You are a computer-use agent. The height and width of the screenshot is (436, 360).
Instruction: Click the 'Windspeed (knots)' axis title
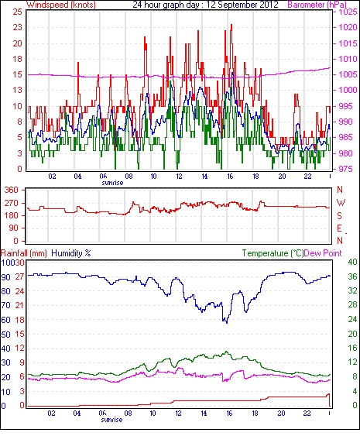(61, 5)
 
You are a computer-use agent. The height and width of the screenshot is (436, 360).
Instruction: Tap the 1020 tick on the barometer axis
(348, 28)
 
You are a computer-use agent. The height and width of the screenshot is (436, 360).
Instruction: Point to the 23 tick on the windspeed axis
(17, 28)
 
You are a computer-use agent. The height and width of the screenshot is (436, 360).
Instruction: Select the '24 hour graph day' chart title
(166, 5)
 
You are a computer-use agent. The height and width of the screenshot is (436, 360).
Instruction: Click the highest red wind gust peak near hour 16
(231, 25)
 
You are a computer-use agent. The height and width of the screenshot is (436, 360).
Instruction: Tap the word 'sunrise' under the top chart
(112, 183)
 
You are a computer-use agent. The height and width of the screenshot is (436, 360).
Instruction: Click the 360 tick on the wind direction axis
(11, 191)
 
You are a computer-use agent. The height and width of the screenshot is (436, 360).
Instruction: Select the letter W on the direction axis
(341, 203)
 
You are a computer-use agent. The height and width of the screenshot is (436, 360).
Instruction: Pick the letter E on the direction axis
(339, 228)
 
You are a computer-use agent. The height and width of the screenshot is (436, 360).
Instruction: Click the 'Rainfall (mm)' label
(24, 253)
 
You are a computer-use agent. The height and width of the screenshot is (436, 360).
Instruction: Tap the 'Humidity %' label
(71, 253)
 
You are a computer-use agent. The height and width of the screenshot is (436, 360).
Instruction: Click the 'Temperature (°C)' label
(273, 253)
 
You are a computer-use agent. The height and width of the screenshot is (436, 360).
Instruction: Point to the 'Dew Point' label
(323, 253)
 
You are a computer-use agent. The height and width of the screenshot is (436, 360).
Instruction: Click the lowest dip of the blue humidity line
(227, 323)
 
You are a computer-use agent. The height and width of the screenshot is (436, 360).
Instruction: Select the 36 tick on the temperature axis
(353, 276)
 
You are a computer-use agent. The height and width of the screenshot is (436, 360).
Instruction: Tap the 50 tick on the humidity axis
(6, 335)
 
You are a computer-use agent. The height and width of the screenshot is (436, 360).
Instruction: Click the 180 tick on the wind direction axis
(11, 215)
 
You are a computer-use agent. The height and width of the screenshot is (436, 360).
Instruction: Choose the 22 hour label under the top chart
(307, 177)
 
